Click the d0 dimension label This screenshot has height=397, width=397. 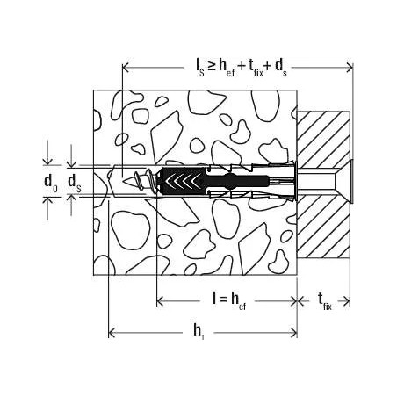click(51, 183)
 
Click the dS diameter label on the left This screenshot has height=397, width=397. click(75, 183)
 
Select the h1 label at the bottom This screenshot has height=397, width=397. click(198, 332)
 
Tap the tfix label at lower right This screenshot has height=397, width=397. click(325, 301)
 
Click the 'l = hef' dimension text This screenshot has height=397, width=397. click(229, 300)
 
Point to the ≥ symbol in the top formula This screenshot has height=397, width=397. click(211, 66)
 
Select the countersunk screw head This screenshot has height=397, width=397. click(345, 181)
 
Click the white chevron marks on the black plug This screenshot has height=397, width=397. click(180, 181)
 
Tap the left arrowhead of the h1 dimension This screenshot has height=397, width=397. click(112, 333)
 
